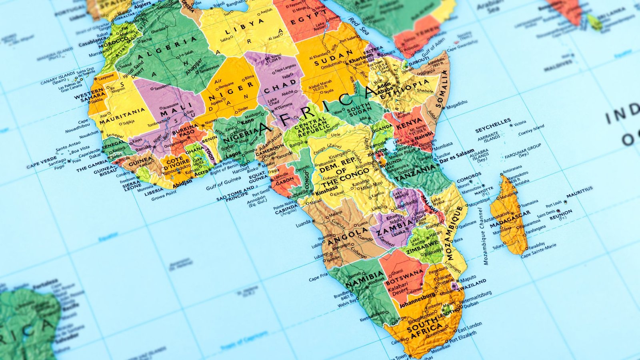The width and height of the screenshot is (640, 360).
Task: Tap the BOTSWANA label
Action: click(404, 277)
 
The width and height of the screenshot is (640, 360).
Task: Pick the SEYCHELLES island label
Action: click(493, 125)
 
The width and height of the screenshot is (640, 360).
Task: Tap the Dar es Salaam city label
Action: click(457, 156)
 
